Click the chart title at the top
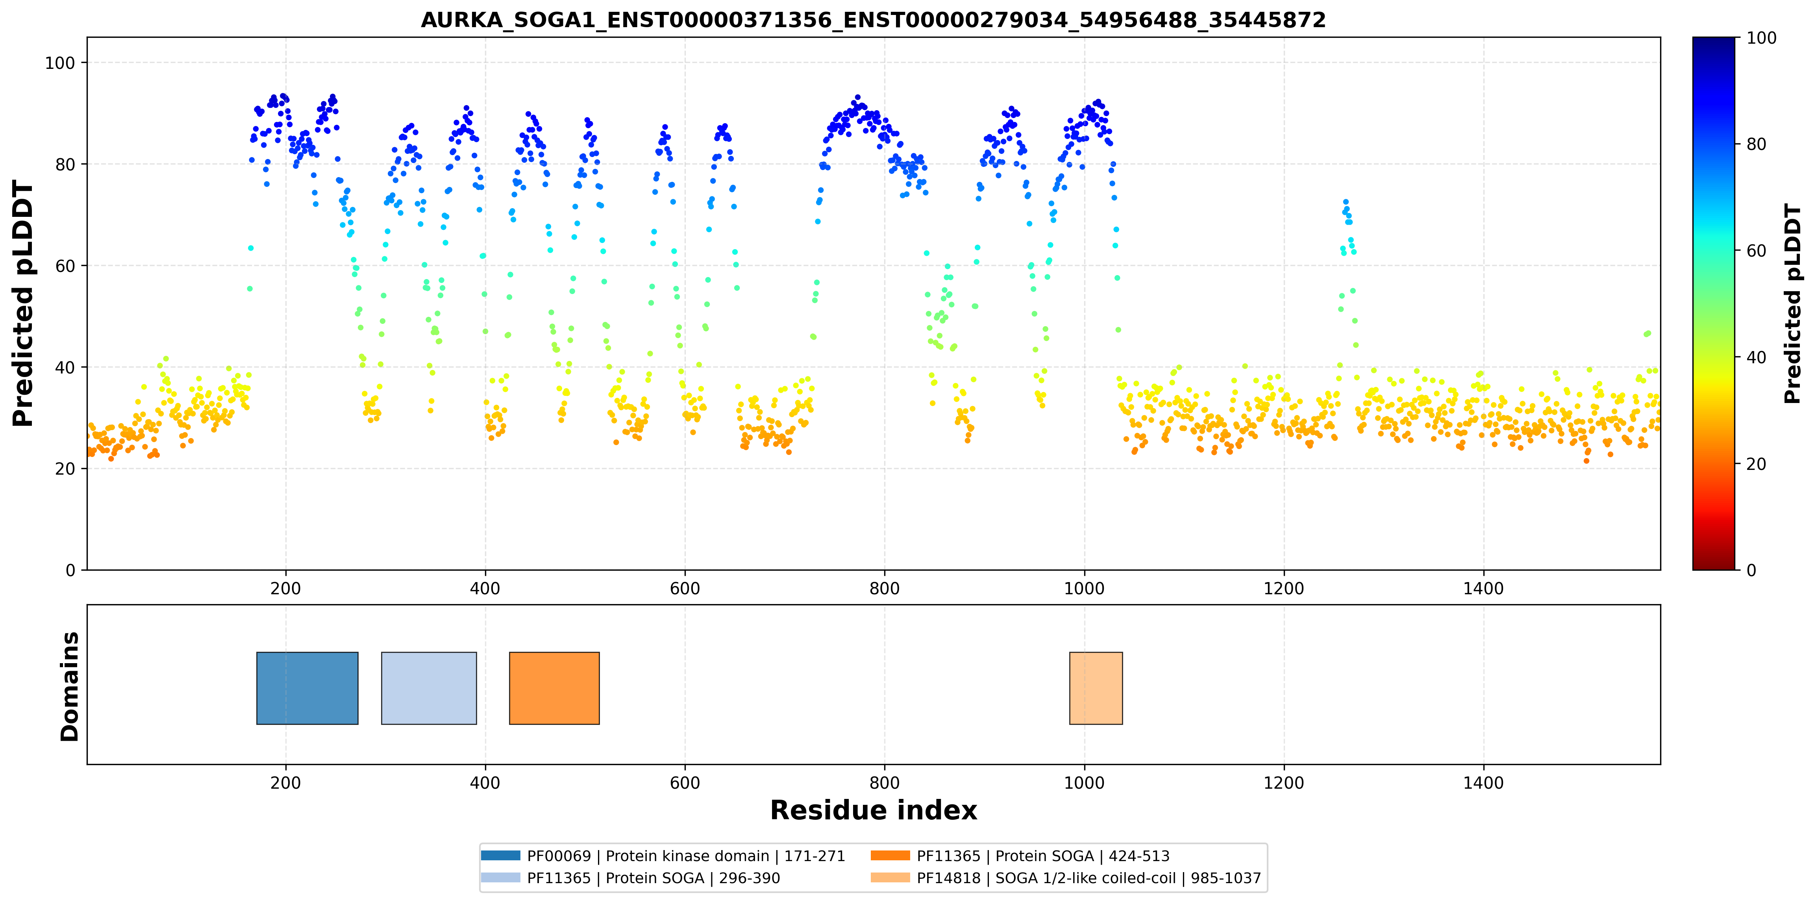874,20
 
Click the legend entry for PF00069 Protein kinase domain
663,856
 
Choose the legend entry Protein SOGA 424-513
1020,856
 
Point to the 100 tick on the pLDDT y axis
60,63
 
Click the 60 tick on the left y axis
65,266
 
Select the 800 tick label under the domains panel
884,783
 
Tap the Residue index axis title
874,810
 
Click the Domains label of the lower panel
70,686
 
